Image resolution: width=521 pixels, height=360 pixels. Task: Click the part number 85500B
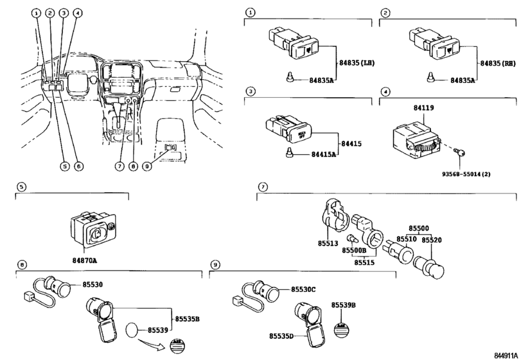(354, 251)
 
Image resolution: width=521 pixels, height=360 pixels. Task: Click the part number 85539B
(344, 304)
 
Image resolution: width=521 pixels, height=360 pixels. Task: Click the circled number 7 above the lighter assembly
(261, 187)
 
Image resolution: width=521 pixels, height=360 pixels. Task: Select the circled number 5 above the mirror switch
(21, 187)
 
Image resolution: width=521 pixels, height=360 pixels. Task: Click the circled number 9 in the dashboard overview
(147, 166)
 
